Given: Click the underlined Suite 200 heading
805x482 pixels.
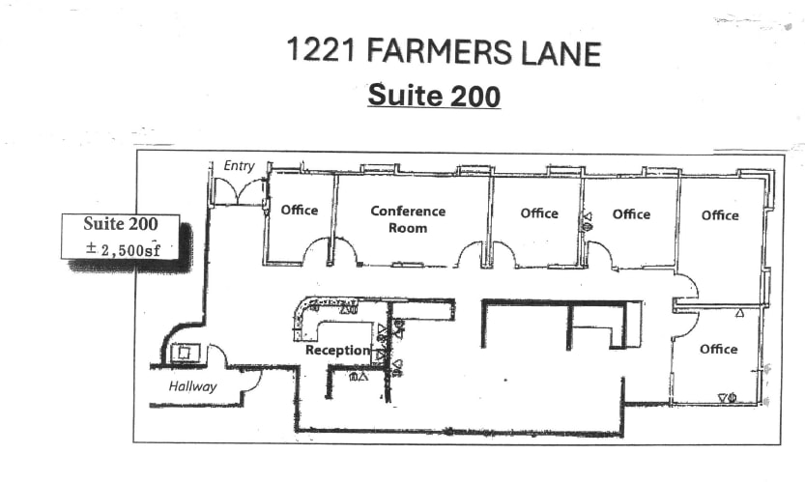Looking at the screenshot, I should click(434, 97).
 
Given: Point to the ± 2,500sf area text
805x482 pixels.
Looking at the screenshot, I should click(123, 250).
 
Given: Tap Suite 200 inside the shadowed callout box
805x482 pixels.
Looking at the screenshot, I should click(120, 224).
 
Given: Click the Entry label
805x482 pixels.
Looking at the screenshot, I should click(239, 166).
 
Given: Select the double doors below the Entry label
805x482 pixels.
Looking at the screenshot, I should click(239, 192).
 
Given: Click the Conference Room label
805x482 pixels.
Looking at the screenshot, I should click(408, 219).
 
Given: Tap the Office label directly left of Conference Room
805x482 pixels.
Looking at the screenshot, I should click(299, 210).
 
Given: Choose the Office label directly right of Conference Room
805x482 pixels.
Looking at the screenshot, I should click(539, 213).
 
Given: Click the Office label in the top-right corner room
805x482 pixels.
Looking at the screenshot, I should click(720, 215).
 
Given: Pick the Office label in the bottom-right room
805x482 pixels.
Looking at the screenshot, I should click(718, 349).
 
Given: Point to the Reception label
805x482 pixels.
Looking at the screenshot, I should click(337, 350).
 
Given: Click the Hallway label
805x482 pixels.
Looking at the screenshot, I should click(192, 386).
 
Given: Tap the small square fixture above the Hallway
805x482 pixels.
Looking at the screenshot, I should click(185, 353).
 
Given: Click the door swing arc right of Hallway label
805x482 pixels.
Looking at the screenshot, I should click(249, 380).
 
